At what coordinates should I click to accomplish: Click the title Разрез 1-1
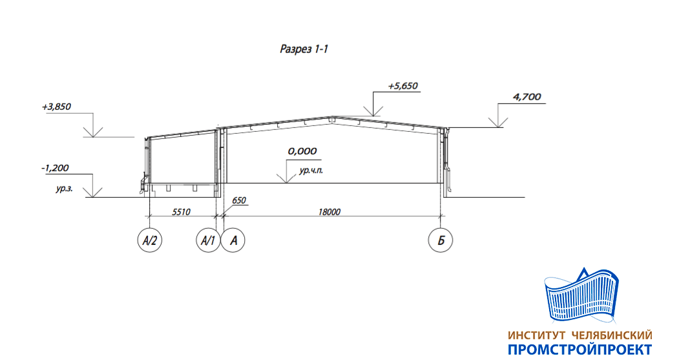tap(304, 49)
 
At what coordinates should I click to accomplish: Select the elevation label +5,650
tap(402, 86)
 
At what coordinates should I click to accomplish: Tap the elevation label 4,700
tap(527, 96)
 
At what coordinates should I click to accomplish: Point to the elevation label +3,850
tap(56, 107)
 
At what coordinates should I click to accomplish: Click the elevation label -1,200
tap(55, 168)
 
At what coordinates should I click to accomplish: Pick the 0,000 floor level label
tap(302, 151)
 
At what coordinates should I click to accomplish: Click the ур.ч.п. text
tap(311, 171)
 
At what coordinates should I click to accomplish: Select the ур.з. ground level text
tap(64, 189)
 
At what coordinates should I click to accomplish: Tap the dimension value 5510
tap(181, 212)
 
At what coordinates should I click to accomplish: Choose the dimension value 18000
tap(329, 212)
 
